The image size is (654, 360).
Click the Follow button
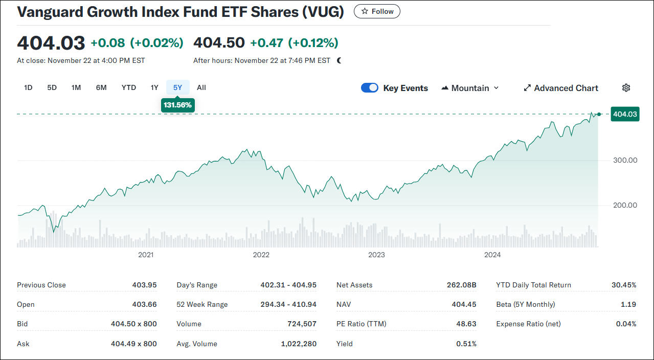point(377,11)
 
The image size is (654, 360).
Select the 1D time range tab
point(28,87)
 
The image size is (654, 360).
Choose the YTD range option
point(129,87)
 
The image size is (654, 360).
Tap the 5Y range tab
point(177,87)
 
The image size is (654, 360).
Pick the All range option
point(201,87)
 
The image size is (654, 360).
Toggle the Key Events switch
point(370,88)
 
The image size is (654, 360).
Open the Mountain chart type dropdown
point(470,88)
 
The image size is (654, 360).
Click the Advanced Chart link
point(561,88)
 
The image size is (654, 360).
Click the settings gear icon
point(626,88)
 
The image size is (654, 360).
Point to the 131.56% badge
point(177,105)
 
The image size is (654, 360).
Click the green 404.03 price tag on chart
point(625,114)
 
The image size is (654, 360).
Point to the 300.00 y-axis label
point(625,160)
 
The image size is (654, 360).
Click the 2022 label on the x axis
point(261,255)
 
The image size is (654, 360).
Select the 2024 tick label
point(492,255)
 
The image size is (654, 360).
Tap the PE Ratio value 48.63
point(466,324)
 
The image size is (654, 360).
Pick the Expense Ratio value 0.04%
point(626,324)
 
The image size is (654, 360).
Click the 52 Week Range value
point(288,304)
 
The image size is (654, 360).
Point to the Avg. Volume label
point(197,344)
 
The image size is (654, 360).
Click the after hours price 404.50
point(219,42)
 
